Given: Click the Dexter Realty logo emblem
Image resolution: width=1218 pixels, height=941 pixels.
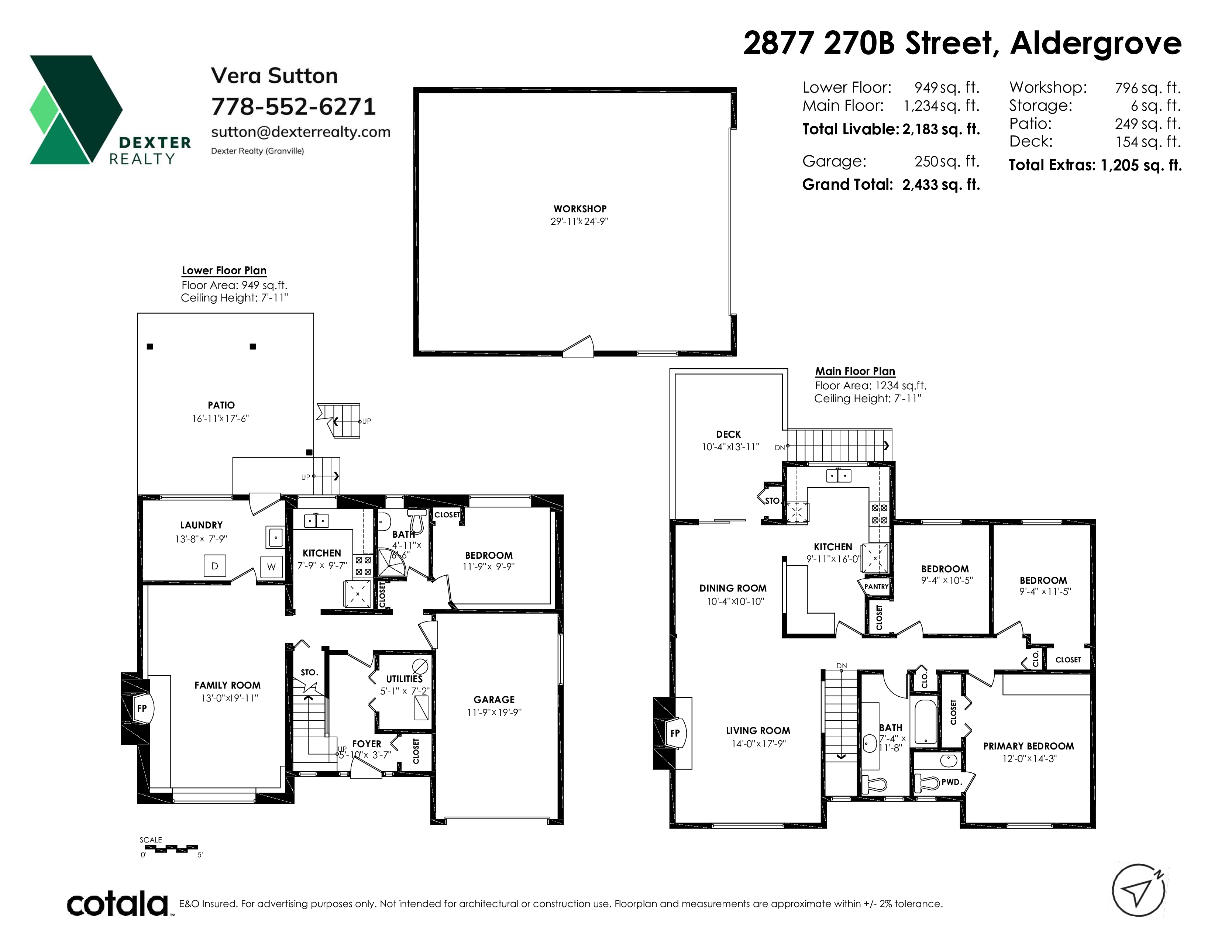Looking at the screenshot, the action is (76, 110).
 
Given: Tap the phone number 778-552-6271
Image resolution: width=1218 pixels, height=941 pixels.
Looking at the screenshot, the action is (293, 107).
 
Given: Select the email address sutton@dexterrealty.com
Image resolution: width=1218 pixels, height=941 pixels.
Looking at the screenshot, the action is (300, 132).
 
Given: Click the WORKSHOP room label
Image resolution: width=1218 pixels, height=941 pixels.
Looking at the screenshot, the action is (580, 208).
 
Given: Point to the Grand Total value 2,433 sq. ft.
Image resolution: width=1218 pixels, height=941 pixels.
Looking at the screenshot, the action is (941, 185).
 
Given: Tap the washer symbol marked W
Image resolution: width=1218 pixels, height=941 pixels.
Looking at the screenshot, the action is (272, 567).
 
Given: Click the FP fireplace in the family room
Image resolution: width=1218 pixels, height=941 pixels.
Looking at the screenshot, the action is (142, 709).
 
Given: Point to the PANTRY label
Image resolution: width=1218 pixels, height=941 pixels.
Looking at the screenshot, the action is (876, 586).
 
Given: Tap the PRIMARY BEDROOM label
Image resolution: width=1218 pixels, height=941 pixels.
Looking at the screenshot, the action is (1028, 746).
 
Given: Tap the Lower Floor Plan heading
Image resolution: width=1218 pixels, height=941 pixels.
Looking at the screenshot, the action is (224, 270).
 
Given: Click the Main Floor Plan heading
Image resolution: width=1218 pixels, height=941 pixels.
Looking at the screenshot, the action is (855, 371).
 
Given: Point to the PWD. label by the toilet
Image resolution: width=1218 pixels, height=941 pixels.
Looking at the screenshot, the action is (952, 782).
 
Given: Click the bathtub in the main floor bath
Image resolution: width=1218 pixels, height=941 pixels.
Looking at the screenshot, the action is (926, 721).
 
